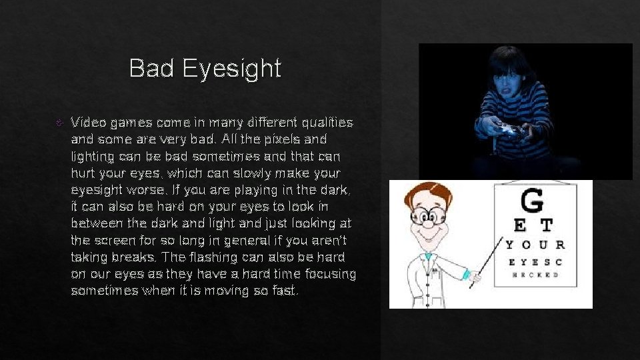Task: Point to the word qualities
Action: (x=327, y=123)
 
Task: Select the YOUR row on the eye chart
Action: (x=535, y=245)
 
